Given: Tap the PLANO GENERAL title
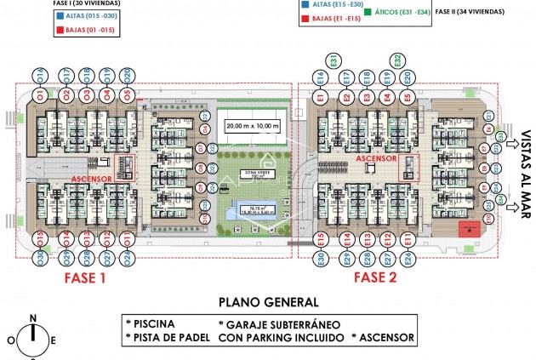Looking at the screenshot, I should point(268,301).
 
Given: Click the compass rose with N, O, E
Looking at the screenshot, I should point(33,338).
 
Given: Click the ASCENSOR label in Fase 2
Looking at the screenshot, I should point(376,158).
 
